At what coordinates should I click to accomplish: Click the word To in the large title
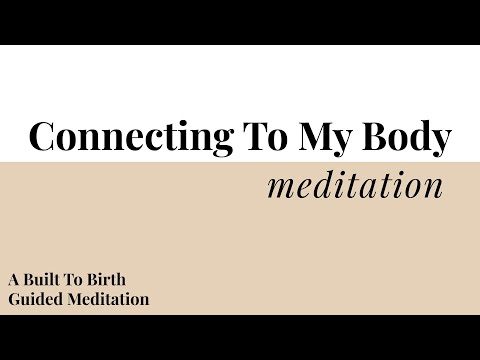click(257, 137)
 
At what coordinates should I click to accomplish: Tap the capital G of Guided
click(12, 298)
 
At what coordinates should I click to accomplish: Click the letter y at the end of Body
click(441, 141)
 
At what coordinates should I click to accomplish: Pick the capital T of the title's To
click(246, 136)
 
